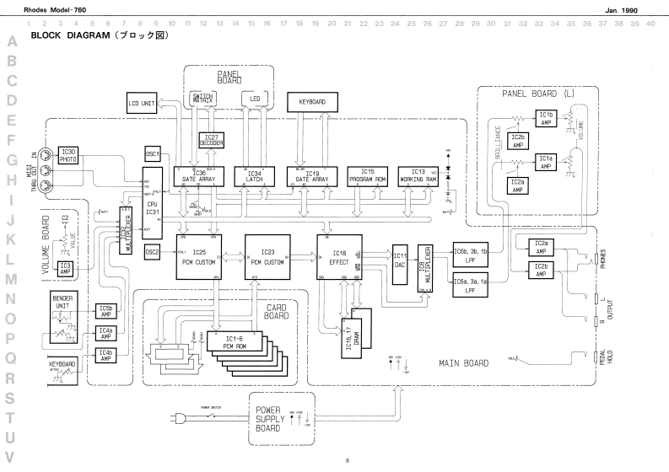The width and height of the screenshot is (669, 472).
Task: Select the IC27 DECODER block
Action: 210,140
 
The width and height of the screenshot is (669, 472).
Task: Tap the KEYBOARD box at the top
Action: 311,101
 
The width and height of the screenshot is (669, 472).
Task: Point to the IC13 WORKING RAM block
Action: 418,175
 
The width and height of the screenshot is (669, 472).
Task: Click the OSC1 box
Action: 153,154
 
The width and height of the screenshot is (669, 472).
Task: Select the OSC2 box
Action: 153,251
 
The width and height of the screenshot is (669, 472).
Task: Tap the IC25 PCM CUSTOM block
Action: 199,256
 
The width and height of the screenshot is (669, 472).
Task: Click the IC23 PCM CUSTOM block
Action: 268,256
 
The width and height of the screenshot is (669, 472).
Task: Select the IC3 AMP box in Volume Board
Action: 65,268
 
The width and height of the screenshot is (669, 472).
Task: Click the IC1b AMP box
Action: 546,118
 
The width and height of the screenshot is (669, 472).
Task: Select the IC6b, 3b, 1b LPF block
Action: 471,255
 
